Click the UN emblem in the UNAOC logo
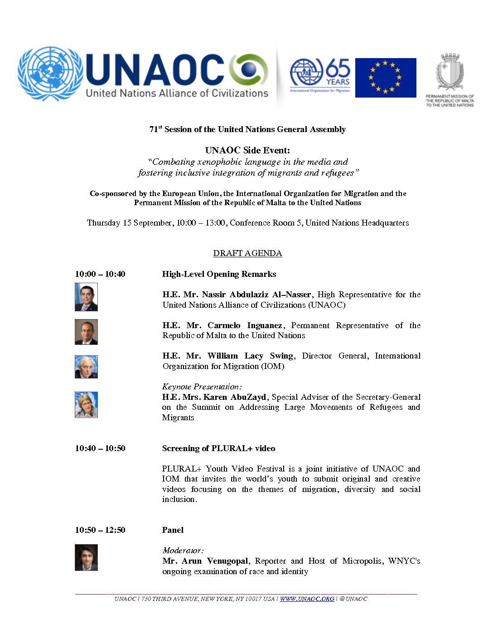[50, 74]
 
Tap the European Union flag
[386, 78]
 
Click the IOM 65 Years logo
[320, 75]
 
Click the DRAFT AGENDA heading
[247, 253]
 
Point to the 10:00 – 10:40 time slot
[100, 274]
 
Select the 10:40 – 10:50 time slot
[100, 448]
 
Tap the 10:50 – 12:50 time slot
[100, 530]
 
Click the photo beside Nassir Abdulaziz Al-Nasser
[86, 297]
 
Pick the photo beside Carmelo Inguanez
[86, 332]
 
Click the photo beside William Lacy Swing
[86, 367]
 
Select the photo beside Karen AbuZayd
[86, 404]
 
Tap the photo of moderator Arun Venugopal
[86, 557]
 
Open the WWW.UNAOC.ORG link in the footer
[307, 599]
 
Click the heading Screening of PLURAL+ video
[218, 448]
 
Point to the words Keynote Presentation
[202, 387]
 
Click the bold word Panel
[173, 530]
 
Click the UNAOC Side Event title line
[247, 150]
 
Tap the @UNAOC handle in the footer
[353, 599]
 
